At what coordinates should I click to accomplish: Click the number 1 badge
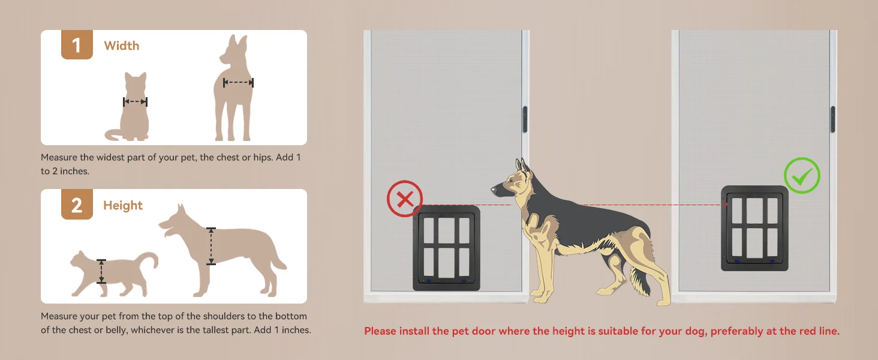(x=77, y=46)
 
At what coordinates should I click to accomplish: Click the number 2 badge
(x=77, y=205)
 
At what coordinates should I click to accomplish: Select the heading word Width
(x=121, y=46)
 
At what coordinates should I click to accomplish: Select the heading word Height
(x=123, y=205)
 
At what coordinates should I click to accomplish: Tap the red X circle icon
(x=405, y=199)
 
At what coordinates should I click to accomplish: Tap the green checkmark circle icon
(x=802, y=176)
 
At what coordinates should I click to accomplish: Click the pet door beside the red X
(x=446, y=247)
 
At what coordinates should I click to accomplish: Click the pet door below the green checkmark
(x=754, y=227)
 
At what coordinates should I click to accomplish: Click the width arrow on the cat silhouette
(x=135, y=102)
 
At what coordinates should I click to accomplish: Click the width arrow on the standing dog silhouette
(x=238, y=83)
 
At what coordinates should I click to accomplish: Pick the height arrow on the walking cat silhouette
(x=101, y=271)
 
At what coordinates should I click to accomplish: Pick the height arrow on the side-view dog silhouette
(x=211, y=246)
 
